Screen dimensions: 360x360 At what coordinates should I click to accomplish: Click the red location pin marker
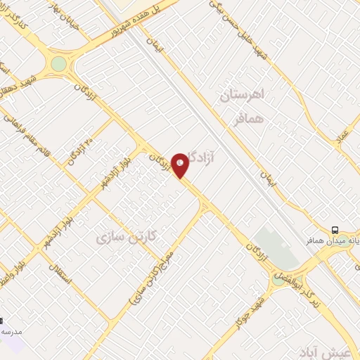181,165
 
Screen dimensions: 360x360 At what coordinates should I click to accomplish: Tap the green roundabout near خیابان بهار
58,64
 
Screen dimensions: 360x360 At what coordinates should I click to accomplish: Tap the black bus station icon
335,229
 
